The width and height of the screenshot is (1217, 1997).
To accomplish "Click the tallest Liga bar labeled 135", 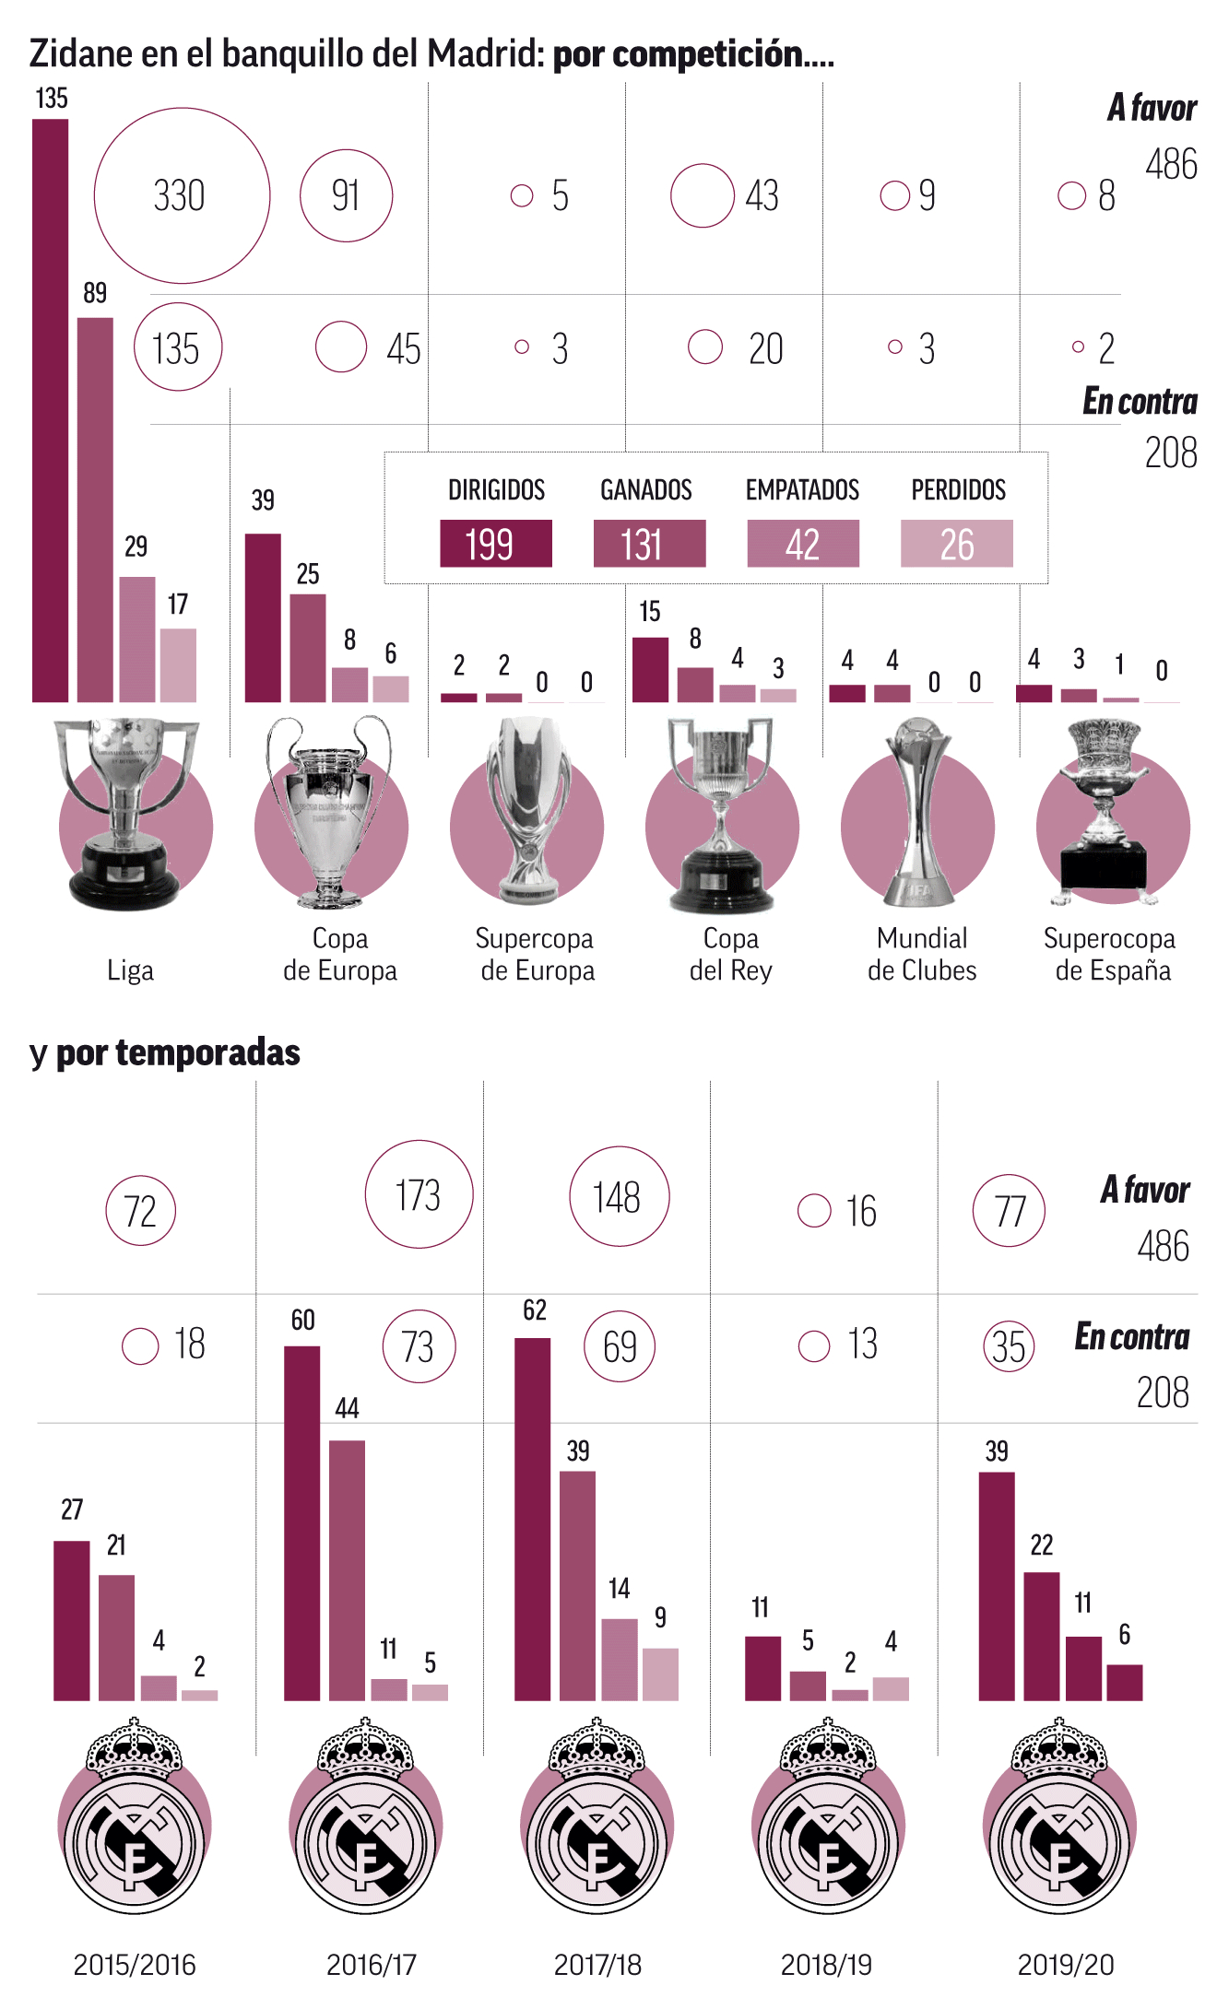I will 50,410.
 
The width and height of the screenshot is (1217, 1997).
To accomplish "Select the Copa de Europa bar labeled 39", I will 263,617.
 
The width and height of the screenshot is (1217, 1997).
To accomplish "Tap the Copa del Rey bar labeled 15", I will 650,670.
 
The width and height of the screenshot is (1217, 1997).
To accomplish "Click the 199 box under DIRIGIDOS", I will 495,544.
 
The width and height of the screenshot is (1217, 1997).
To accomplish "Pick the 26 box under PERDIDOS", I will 956,544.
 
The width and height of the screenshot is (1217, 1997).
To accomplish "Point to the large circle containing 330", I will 182,195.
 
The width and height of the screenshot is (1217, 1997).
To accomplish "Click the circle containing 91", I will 346,195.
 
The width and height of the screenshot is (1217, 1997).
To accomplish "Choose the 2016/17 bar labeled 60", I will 301,1522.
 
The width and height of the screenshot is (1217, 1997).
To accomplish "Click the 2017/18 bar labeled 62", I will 532,1519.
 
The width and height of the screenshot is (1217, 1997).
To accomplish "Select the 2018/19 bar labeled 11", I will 762,1668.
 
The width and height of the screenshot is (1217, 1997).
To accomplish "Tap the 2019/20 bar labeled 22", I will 1041,1636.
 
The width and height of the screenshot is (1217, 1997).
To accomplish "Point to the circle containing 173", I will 419,1194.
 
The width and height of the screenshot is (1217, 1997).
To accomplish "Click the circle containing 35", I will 1009,1346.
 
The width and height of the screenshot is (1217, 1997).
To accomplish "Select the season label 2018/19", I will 826,1965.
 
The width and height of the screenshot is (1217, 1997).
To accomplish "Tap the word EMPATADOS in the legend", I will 802,489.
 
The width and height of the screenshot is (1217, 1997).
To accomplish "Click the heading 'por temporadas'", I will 178,1052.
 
